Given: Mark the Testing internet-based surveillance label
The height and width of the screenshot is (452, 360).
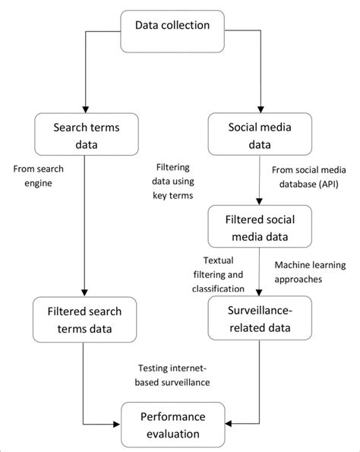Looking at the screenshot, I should (x=174, y=375).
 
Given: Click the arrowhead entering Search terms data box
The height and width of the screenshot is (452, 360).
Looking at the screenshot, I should (x=82, y=108).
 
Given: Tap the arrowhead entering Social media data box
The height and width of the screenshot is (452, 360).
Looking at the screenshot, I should (x=261, y=108).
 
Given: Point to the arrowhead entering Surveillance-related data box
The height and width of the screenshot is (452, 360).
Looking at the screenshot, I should (x=261, y=293).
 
